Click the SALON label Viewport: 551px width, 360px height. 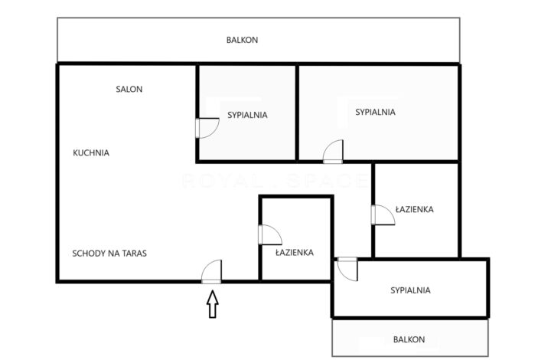(129, 89)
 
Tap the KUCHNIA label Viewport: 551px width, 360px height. (91, 152)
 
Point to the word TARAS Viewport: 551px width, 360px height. (132, 252)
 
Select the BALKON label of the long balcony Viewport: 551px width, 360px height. (241, 40)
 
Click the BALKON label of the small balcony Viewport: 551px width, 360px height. (409, 339)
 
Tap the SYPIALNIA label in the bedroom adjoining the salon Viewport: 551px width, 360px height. (247, 116)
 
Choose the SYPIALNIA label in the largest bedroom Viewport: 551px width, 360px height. (375, 112)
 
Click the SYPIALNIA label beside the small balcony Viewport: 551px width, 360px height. (410, 290)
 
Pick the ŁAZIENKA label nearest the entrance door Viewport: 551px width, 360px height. (295, 252)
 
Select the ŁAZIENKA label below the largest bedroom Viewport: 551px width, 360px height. (416, 208)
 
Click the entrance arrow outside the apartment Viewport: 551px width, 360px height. (213, 305)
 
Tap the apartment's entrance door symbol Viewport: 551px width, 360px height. (212, 272)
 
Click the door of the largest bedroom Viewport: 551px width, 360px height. (334, 152)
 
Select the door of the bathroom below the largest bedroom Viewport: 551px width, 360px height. (382, 214)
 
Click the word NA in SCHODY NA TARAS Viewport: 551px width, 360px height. (112, 252)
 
